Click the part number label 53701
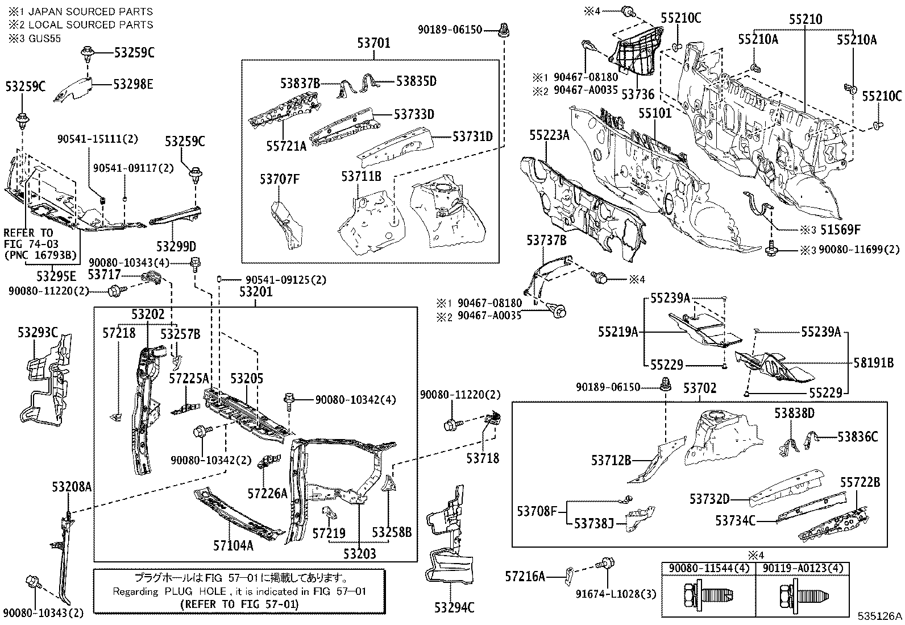[373, 42]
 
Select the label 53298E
[133, 84]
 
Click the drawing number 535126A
[879, 616]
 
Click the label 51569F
[839, 230]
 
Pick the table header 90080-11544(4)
[709, 568]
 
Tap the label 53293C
[38, 332]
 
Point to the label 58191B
[873, 362]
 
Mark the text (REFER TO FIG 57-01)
[239, 604]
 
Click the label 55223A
[549, 135]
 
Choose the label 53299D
[176, 246]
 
